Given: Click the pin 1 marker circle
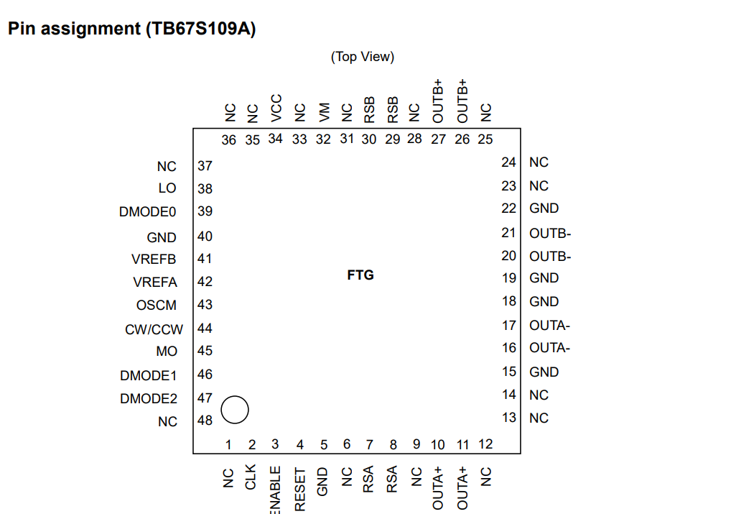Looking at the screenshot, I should coord(235,410).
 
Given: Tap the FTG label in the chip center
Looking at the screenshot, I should coord(360,275).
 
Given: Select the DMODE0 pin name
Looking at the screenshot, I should coord(148,212).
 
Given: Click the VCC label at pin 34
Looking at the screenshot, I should coord(276,108).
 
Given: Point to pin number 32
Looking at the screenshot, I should coord(324,139).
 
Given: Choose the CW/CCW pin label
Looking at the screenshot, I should coord(154,329).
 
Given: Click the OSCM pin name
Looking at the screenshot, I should coord(156,306).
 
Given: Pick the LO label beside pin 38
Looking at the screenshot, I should coord(167,188).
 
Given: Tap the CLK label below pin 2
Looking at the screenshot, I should coord(251,478).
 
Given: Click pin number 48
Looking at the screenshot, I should coord(205,421).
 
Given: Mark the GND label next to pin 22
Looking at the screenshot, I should coord(544,208).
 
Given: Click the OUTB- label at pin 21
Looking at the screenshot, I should coord(550,233).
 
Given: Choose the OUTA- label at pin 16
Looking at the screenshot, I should coord(549,348).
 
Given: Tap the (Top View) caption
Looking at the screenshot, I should coord(363,57).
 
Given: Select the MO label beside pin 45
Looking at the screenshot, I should coord(167,352).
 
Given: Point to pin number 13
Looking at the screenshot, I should coord(509,418).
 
